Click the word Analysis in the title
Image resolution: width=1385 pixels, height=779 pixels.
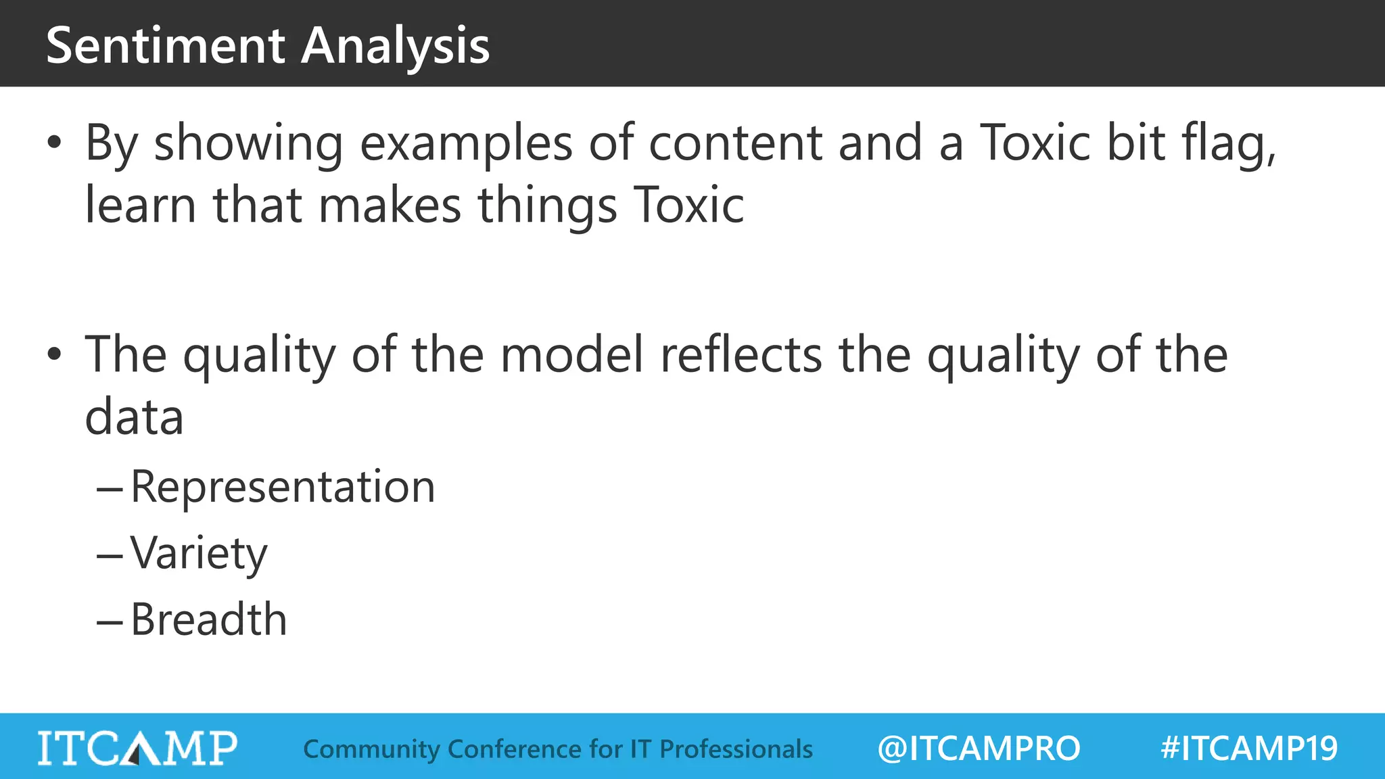(x=395, y=46)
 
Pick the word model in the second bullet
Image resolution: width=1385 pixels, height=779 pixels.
(x=571, y=354)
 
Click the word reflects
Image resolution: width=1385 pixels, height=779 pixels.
(x=741, y=354)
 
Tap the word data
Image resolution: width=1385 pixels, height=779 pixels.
(x=134, y=417)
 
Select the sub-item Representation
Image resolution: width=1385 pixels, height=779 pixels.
(x=283, y=486)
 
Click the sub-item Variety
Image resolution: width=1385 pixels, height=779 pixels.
(x=199, y=553)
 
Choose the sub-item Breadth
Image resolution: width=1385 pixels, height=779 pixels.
(x=209, y=619)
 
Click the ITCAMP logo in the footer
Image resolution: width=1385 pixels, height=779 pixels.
(x=137, y=748)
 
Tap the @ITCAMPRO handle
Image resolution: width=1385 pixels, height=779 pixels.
(x=979, y=749)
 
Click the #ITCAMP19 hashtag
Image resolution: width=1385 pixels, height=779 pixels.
(x=1249, y=749)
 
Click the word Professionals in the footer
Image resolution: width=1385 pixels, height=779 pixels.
(x=736, y=749)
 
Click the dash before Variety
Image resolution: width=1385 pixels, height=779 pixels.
(x=110, y=556)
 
